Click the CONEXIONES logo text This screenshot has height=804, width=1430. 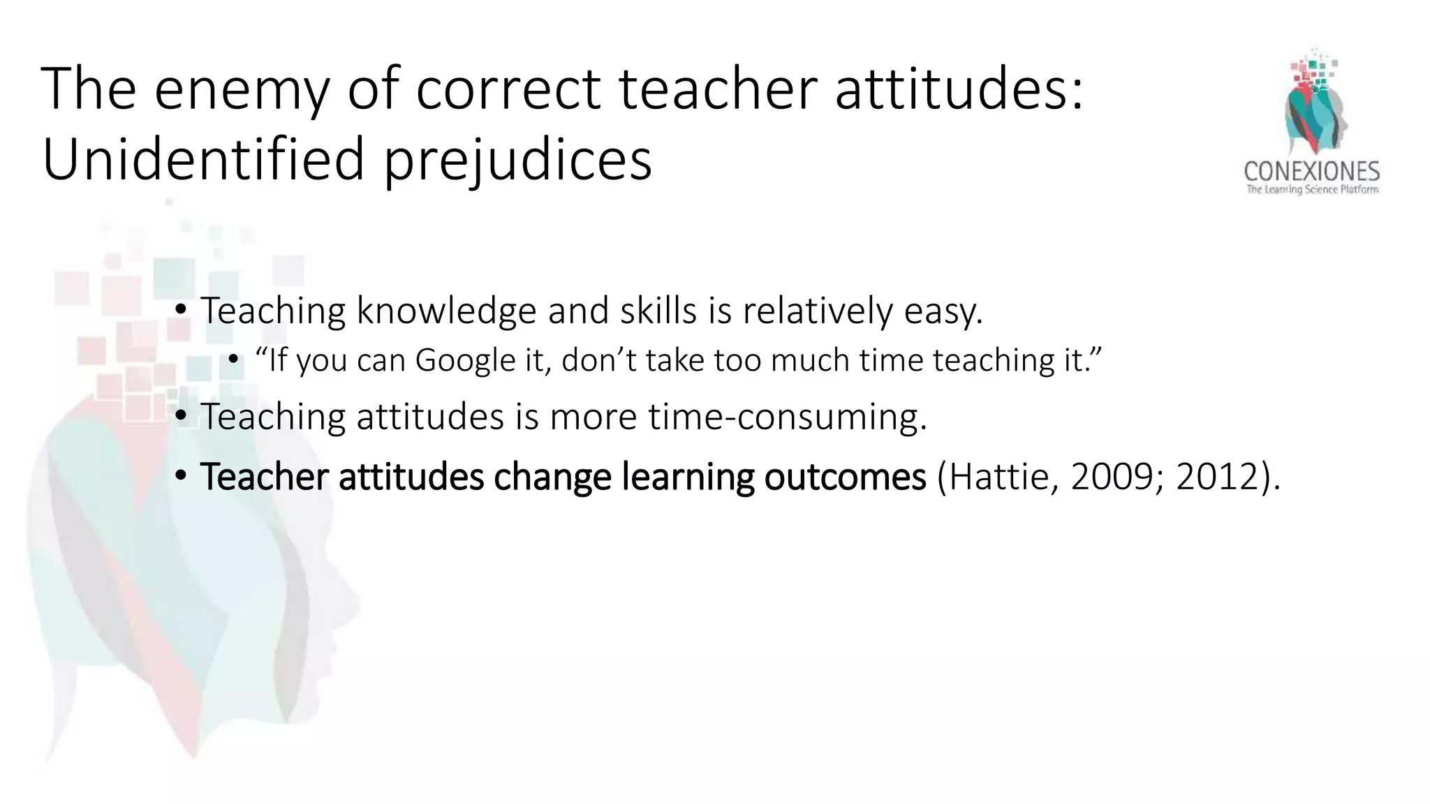click(1311, 172)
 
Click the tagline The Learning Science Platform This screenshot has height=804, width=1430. click(1312, 190)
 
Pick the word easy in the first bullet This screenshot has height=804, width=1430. click(943, 311)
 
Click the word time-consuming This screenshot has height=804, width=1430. click(787, 417)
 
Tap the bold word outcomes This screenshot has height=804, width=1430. click(845, 477)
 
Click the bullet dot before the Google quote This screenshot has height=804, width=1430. click(234, 360)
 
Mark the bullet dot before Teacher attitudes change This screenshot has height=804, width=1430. click(181, 477)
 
